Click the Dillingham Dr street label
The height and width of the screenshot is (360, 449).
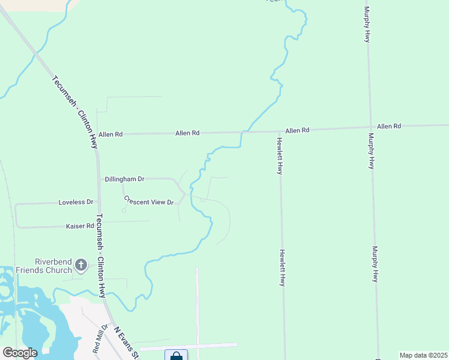coord(125,179)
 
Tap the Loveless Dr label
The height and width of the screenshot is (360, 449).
coord(76,202)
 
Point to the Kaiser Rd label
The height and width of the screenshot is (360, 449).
coord(82,226)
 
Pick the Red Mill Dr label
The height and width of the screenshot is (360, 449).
coord(99,339)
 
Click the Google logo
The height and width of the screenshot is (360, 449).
coord(20,353)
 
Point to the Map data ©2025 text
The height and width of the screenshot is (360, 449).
coord(423,355)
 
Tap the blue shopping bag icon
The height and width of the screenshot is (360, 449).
coord(176,356)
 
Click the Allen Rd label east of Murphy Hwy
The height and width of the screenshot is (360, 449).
coord(389,126)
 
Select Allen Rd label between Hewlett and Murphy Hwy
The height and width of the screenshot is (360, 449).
coord(297,130)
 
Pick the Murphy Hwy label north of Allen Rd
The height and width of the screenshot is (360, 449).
coord(366,24)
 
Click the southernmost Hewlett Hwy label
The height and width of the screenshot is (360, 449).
coord(281,268)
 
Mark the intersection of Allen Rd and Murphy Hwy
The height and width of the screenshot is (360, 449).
coord(369,127)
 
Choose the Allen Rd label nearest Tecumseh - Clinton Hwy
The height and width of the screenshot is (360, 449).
coord(110,134)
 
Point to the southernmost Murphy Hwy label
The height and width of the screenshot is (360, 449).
coord(376,264)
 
